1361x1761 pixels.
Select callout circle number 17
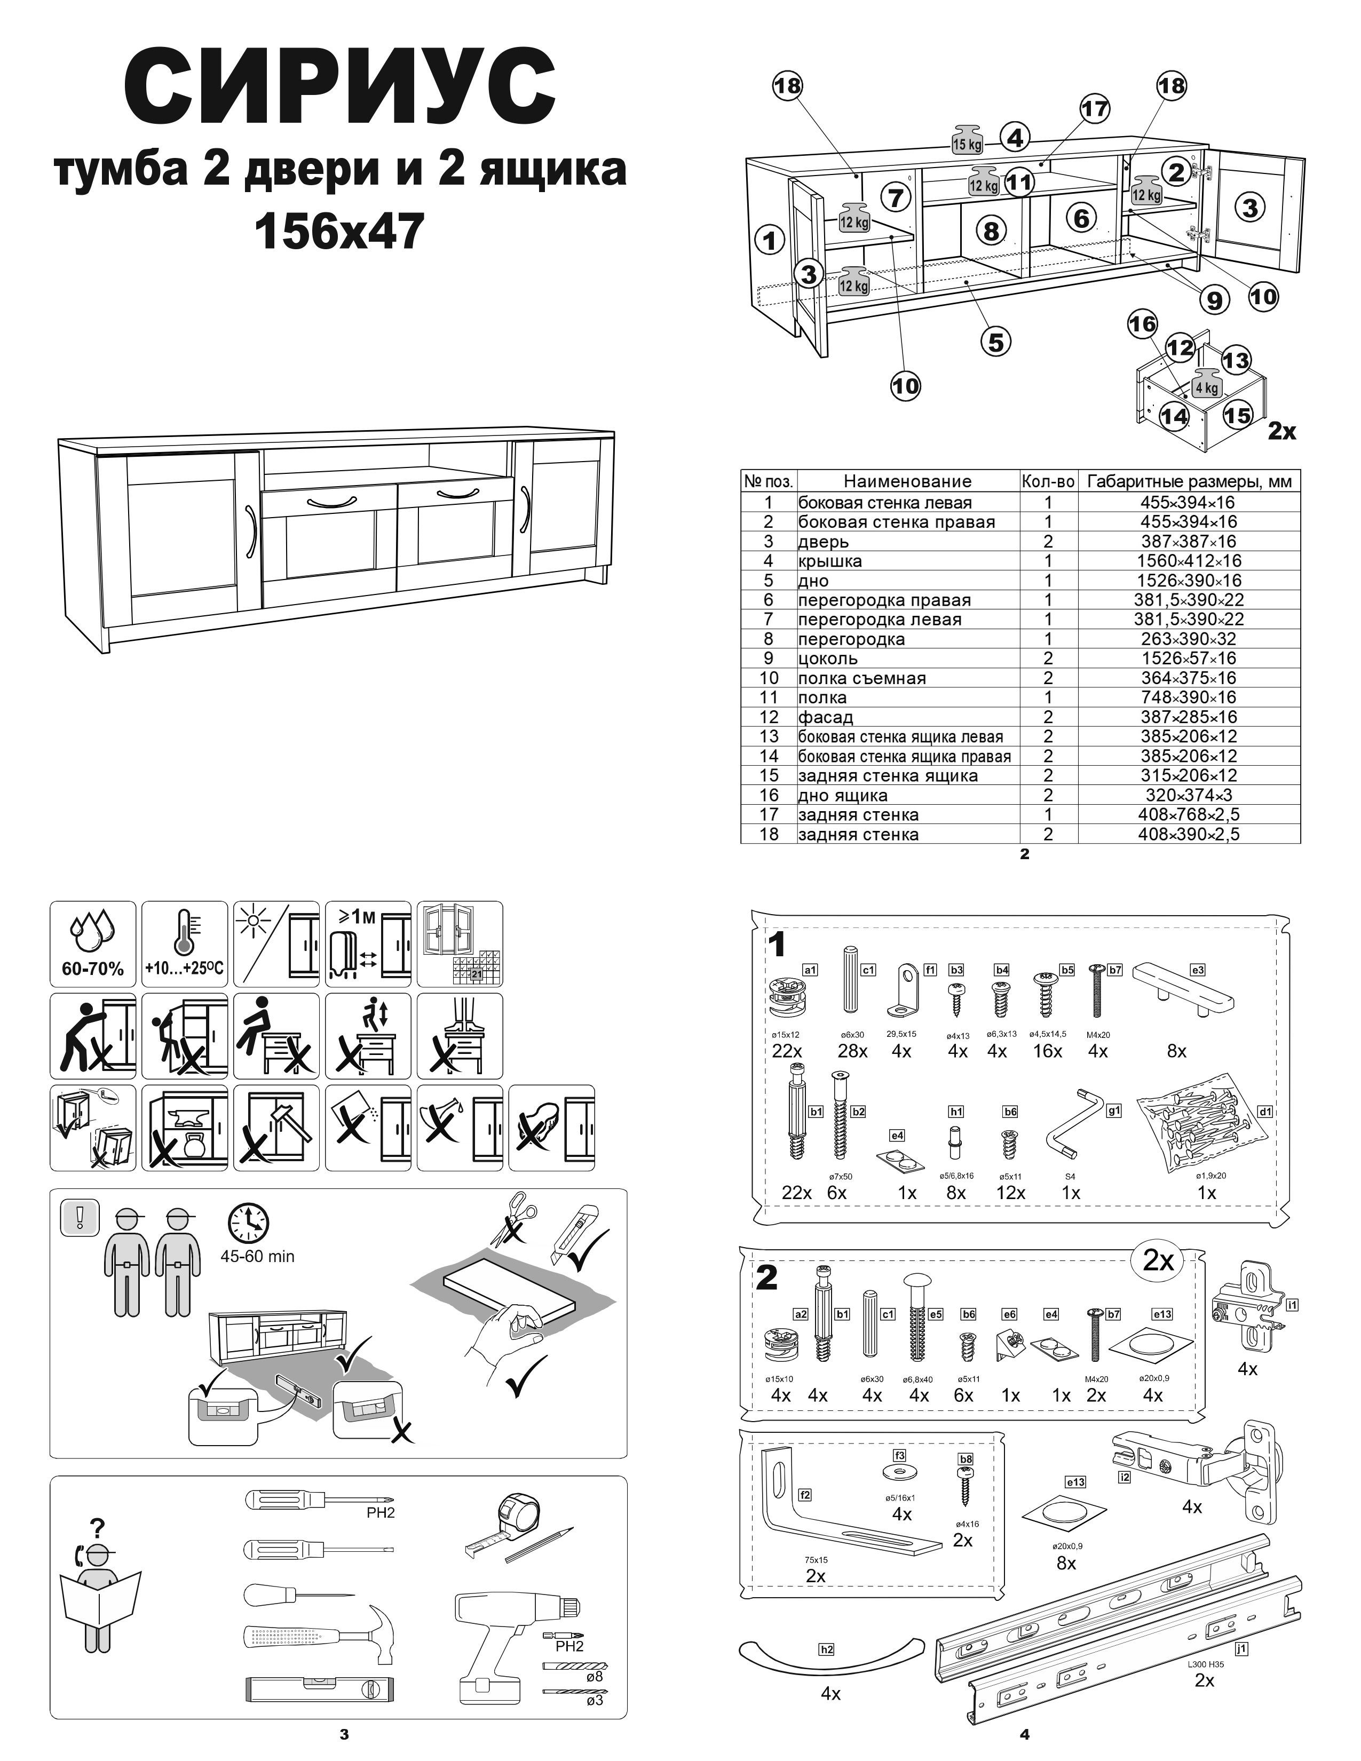click(x=1095, y=109)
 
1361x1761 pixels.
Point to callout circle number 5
click(x=996, y=342)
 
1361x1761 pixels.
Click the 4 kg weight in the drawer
click(x=1206, y=382)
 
